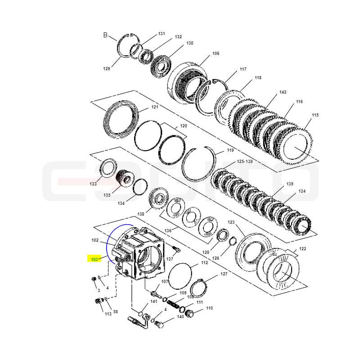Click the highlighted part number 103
(x=94, y=259)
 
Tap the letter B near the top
(x=105, y=35)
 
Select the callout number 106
(x=216, y=54)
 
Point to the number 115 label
(x=315, y=115)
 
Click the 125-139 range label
(x=245, y=162)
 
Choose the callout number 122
(x=302, y=249)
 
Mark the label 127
(x=224, y=274)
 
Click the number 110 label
(x=209, y=308)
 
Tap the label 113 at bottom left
(x=108, y=314)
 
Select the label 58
(x=116, y=311)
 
